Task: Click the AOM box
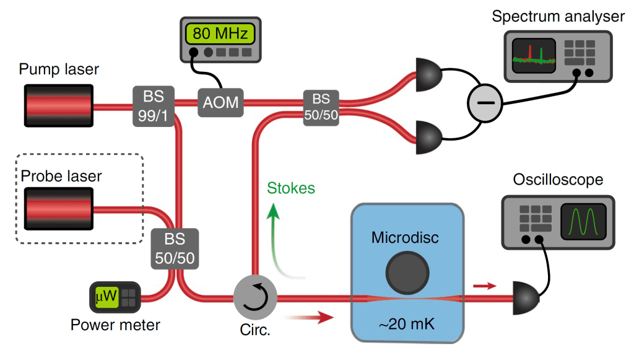pyautogui.click(x=220, y=101)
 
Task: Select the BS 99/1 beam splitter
pyautogui.click(x=153, y=106)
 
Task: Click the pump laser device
pyautogui.click(x=59, y=105)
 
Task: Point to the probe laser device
pyautogui.click(x=59, y=208)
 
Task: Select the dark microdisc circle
pyautogui.click(x=407, y=271)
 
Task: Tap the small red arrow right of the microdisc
pyautogui.click(x=485, y=286)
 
